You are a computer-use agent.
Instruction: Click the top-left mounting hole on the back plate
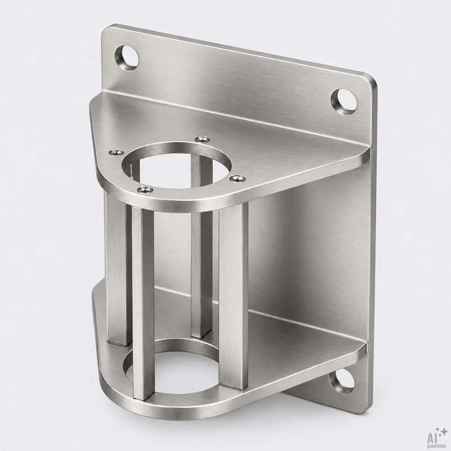[127, 58]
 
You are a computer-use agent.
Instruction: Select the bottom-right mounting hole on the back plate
[341, 382]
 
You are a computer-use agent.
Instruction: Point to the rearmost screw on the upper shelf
[202, 139]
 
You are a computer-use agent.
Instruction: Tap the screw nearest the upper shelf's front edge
[145, 189]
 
